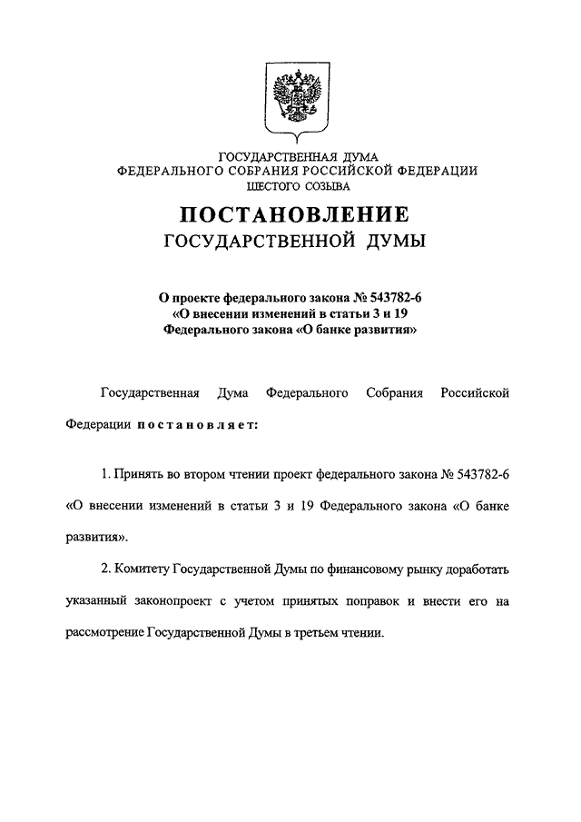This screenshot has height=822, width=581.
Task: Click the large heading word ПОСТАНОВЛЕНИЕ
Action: pos(291,216)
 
